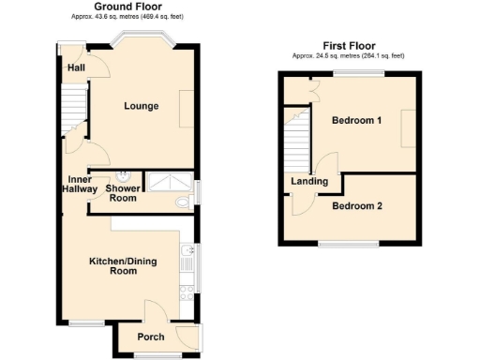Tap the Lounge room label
coord(142,106)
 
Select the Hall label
coord(76,68)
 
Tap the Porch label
coord(151,337)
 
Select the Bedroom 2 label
coord(356,206)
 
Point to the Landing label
coord(309,182)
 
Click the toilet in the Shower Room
coord(182,202)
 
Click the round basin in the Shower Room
coord(124,176)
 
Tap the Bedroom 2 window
coord(349,244)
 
